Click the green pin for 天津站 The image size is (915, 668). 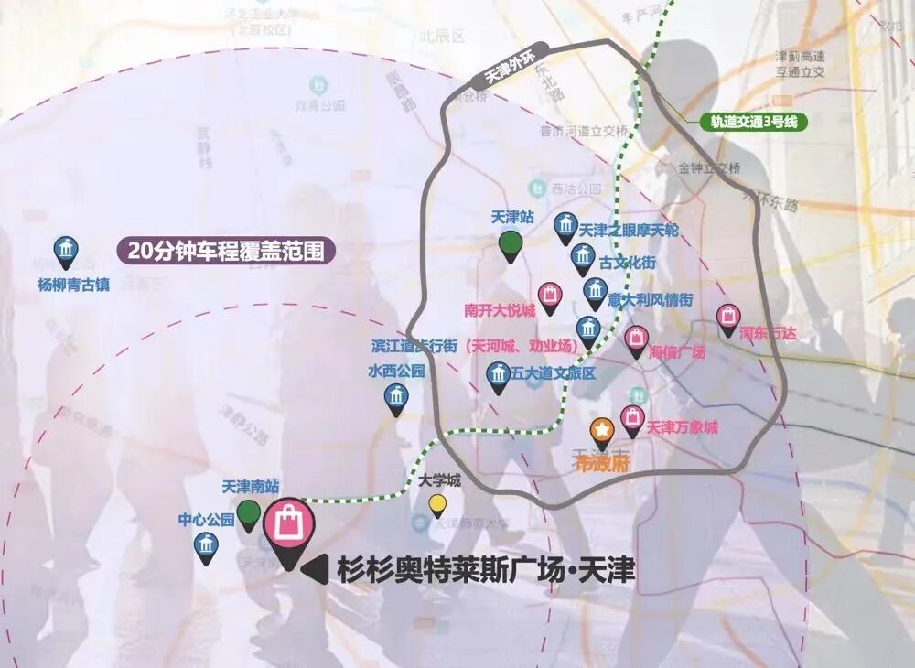click(x=511, y=244)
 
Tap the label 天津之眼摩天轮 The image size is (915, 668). click(x=629, y=231)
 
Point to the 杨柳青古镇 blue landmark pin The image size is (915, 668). click(x=66, y=252)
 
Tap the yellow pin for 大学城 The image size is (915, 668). click(x=438, y=504)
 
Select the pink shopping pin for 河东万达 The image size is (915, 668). click(x=727, y=318)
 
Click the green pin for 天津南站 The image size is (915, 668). click(x=248, y=513)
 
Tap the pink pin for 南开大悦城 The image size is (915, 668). click(x=549, y=296)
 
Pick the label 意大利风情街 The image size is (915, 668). click(x=651, y=299)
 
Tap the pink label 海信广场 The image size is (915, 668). click(x=677, y=351)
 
